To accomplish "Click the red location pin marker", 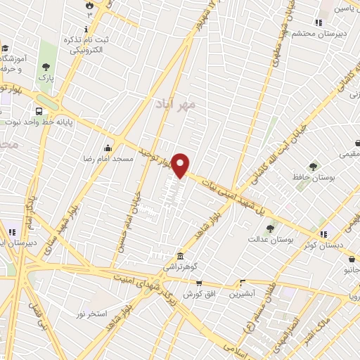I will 181,165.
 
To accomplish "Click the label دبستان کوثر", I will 323,245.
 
